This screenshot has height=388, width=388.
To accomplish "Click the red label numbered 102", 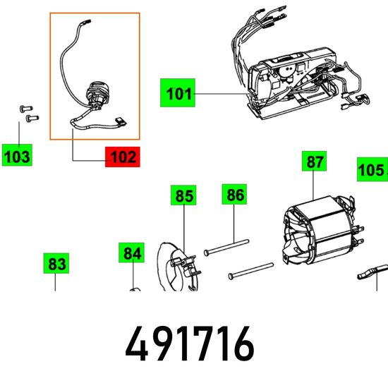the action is (123, 157).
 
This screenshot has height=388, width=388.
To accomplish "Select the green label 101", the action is (178, 93).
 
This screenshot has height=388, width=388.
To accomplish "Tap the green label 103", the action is (17, 155).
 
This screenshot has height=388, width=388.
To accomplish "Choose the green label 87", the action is (314, 161).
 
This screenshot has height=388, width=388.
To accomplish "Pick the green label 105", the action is (372, 169).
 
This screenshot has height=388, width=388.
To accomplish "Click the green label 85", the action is (183, 195).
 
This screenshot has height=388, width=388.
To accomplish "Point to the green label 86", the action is (234, 194).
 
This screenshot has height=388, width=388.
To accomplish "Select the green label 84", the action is (131, 253).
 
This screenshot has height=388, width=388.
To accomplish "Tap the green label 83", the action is (56, 263).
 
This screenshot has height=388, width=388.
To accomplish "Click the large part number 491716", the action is (190, 344).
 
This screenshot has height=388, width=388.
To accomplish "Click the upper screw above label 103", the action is (26, 108).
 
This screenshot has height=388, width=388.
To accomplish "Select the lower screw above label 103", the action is (32, 118).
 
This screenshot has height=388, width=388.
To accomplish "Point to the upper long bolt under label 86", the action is (226, 247).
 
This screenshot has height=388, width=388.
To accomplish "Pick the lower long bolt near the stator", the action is (251, 271).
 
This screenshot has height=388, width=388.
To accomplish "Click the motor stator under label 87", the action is (322, 231).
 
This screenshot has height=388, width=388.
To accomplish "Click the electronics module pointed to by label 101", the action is (292, 83).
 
